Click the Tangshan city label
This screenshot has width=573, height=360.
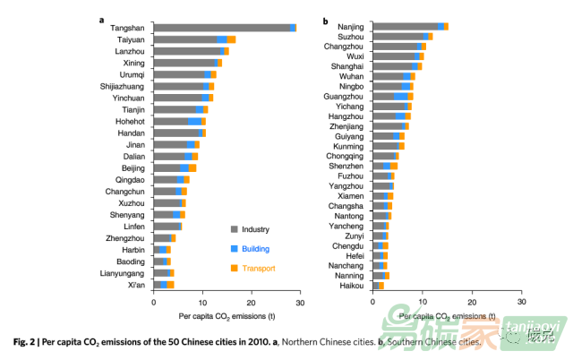click(x=128, y=28)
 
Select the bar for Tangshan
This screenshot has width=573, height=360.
click(x=225, y=28)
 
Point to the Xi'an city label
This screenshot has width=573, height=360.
click(x=137, y=284)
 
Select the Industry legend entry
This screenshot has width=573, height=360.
click(x=255, y=229)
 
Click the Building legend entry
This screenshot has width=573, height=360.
click(x=255, y=248)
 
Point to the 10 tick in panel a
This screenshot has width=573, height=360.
click(x=203, y=302)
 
